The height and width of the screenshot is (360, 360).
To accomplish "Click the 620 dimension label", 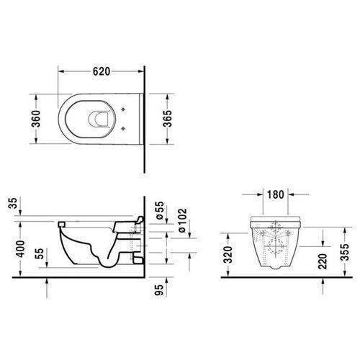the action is click(102, 71).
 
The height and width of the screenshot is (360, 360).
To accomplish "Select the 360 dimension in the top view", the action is click(36, 119).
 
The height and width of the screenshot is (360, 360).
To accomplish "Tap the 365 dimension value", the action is click(167, 119).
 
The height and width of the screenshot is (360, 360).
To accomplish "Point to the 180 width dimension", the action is click(275, 194).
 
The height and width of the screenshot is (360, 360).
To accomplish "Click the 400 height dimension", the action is click(20, 248).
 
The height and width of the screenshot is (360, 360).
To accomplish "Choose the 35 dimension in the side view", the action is click(13, 203).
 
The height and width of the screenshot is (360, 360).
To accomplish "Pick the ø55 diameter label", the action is click(160, 210).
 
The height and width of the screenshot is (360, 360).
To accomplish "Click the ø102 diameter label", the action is click(182, 220).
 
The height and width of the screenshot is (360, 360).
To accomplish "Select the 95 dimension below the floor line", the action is click(158, 290).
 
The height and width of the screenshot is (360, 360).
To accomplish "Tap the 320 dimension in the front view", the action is click(228, 255).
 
